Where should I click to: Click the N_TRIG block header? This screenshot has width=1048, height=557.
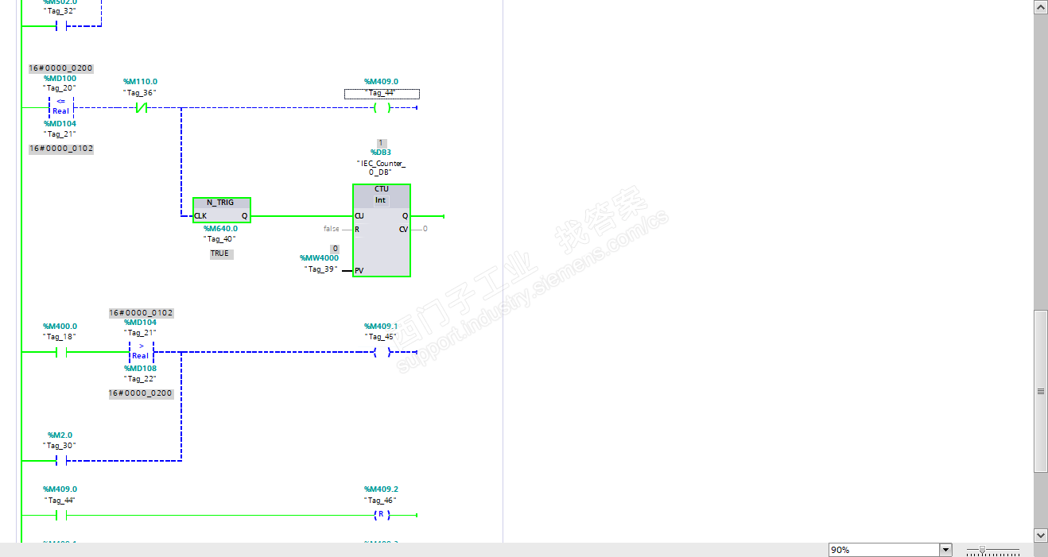(x=221, y=203)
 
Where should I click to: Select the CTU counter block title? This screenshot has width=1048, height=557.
(x=381, y=189)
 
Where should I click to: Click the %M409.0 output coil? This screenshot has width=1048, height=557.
(x=382, y=108)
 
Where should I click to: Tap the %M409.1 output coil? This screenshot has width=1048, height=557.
(x=382, y=352)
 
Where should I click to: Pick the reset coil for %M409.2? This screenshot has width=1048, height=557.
(x=382, y=515)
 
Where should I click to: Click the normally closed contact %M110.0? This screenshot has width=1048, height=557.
(x=142, y=108)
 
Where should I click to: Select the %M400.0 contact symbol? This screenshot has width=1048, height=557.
(x=60, y=352)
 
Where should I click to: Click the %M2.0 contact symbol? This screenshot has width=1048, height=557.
(x=60, y=461)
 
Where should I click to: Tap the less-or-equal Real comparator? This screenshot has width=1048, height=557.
(x=60, y=107)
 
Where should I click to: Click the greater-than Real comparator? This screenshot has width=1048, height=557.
(x=141, y=351)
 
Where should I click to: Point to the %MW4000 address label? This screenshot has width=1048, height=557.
(x=319, y=258)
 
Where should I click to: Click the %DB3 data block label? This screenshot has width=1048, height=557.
(x=381, y=152)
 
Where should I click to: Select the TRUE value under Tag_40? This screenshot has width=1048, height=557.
(x=219, y=253)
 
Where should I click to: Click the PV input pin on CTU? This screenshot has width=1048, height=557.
(x=359, y=271)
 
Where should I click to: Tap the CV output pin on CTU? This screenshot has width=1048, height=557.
(x=403, y=230)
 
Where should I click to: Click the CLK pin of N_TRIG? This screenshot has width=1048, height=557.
(x=200, y=216)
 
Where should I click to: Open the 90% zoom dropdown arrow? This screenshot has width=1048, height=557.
(x=945, y=550)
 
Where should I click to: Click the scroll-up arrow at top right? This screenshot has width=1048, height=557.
(x=1040, y=7)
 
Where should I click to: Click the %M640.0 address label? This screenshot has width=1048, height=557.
(x=219, y=228)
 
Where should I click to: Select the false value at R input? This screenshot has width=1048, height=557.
(x=331, y=229)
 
